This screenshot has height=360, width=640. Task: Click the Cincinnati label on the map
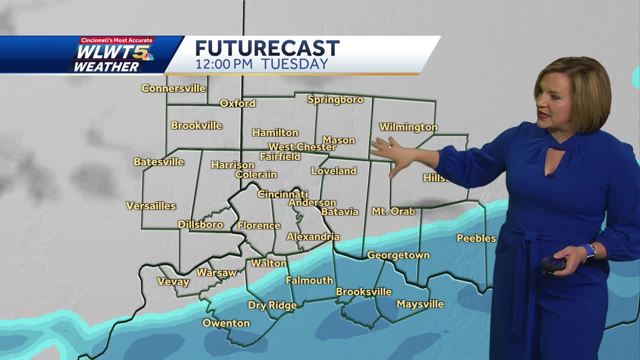click(282, 194)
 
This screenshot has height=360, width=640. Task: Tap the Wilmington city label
click(408, 127)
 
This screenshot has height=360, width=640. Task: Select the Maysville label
click(420, 304)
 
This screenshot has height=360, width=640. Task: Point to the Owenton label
click(226, 323)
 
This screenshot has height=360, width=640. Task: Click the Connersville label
click(173, 88)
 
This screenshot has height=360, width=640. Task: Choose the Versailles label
click(151, 205)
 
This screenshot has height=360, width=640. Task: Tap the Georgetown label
click(398, 255)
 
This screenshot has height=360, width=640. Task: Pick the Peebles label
click(476, 238)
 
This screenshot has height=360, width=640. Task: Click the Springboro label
click(335, 99)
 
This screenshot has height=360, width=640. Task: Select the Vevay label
click(173, 282)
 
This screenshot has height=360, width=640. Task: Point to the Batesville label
click(159, 161)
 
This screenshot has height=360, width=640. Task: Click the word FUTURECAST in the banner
click(267, 48)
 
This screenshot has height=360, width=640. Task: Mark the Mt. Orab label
click(393, 211)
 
